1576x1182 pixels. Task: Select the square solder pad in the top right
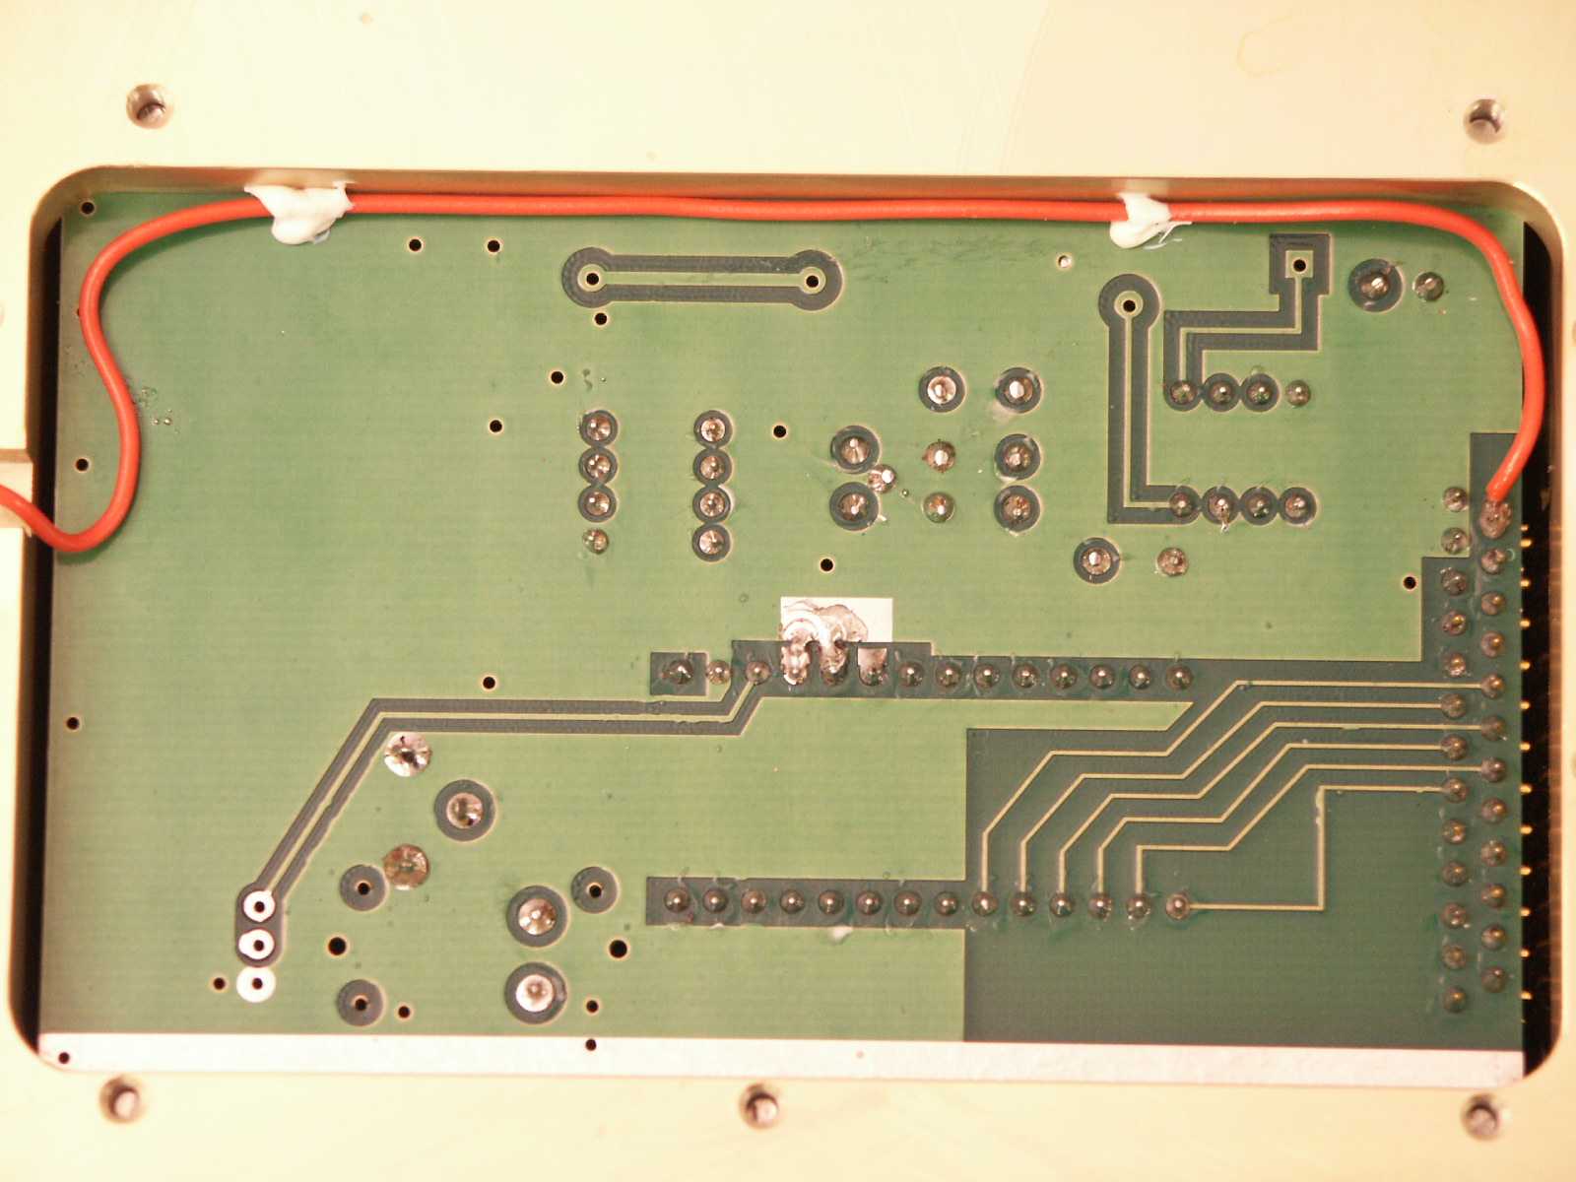tap(1300, 262)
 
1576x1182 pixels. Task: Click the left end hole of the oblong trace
tap(592, 278)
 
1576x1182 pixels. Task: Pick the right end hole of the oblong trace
tap(813, 281)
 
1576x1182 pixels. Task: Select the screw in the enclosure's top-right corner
tap(1483, 117)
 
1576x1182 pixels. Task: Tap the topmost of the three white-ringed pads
tap(258, 904)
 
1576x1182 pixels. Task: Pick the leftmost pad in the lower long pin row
tap(677, 899)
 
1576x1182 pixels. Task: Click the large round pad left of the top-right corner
tap(1376, 287)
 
